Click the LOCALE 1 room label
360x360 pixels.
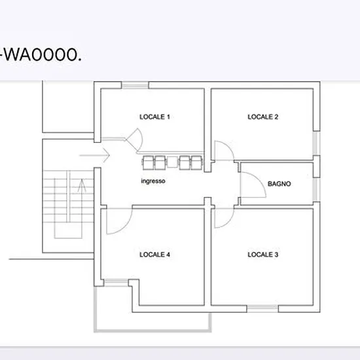tap(154, 117)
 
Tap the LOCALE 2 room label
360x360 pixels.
tap(263, 117)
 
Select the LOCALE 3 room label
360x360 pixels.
tap(263, 255)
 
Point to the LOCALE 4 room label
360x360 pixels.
tap(154, 255)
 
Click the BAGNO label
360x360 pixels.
tap(279, 184)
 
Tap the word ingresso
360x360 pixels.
tap(153, 181)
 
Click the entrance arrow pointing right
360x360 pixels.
tap(95, 155)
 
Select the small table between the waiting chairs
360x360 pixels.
tap(172, 162)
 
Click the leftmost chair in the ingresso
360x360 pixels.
tap(148, 162)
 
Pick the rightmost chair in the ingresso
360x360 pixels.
tap(197, 162)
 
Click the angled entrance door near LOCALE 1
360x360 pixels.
tap(134, 139)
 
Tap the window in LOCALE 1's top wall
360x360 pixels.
tap(135, 85)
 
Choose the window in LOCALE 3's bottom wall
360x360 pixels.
tap(262, 309)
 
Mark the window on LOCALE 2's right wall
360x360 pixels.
tap(317, 143)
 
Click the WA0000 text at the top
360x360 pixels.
tap(41, 55)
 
